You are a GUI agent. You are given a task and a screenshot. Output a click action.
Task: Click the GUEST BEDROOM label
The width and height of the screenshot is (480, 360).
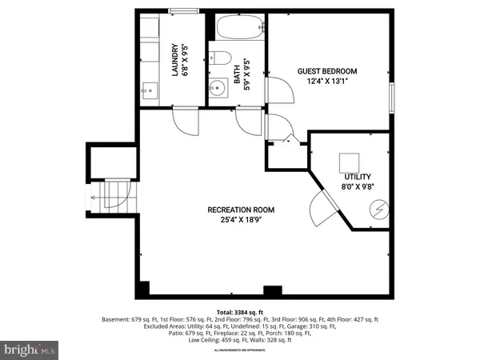(327, 71)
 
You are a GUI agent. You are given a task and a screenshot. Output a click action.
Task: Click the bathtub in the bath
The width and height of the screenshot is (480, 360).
(238, 28)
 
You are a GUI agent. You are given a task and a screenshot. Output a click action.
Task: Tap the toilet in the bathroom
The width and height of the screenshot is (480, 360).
(219, 58)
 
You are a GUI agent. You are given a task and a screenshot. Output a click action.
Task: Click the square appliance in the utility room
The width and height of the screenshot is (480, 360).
(348, 161)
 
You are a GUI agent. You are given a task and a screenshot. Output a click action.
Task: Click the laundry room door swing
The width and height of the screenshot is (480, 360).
(183, 122)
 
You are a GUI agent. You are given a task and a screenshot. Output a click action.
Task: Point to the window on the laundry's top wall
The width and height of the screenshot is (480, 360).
(184, 10)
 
